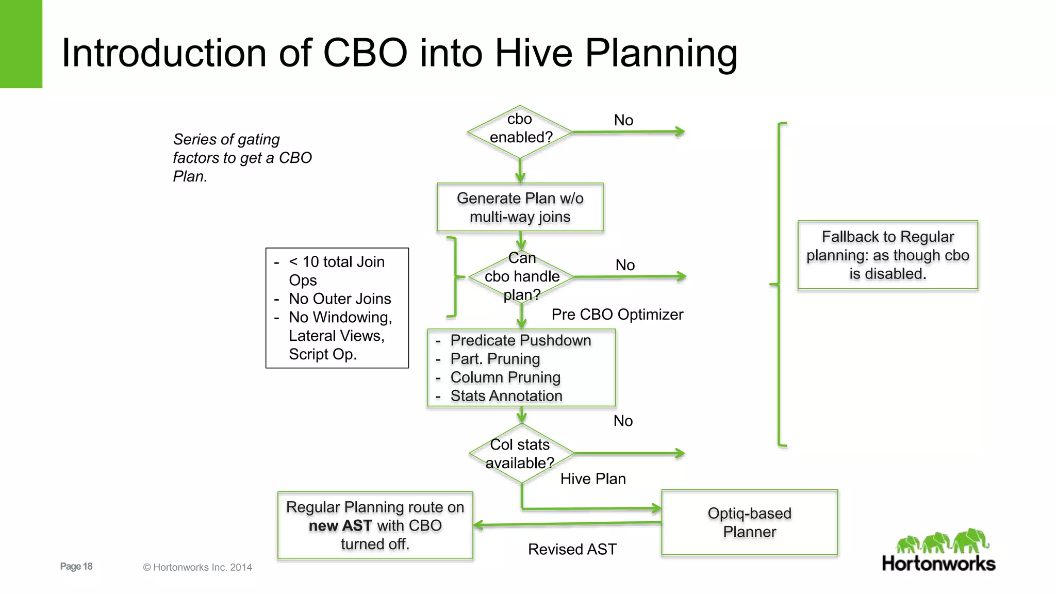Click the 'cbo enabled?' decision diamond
[520, 131]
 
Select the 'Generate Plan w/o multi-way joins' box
[520, 207]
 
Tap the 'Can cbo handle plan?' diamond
[521, 277]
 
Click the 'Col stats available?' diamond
[521, 454]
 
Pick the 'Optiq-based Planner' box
[749, 522]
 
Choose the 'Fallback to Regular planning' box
[887, 255]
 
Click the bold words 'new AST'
[340, 525]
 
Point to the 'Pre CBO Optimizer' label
[617, 315]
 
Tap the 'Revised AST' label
[572, 550]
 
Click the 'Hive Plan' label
[593, 479]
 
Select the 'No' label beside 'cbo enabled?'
[623, 120]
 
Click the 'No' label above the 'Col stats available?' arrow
[623, 421]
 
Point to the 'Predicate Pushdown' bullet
[520, 340]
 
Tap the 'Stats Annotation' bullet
[506, 396]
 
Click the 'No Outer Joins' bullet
[339, 299]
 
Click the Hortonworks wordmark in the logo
[938, 564]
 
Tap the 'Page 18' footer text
[76, 566]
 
